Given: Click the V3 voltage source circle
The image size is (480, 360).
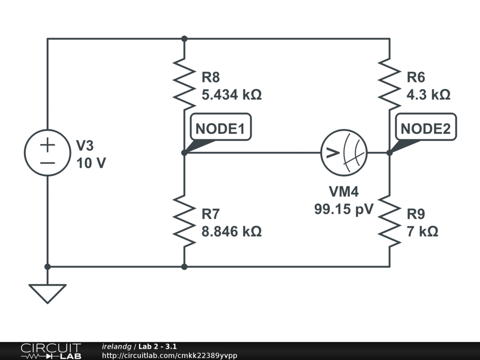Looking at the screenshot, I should [x=47, y=153].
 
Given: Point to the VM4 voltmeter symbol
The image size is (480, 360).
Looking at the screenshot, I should [x=344, y=153].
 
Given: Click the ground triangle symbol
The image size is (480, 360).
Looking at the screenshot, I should [x=47, y=293].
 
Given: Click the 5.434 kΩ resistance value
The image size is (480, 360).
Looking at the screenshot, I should [x=232, y=95].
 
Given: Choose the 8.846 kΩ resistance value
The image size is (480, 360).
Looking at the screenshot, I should [x=232, y=231].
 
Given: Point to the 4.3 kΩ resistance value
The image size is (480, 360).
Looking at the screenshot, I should [x=428, y=95].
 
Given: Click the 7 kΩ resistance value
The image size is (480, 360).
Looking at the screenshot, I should [x=422, y=231].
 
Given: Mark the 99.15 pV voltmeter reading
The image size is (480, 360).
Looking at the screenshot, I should [x=344, y=209].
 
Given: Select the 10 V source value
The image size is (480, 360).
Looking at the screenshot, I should [x=91, y=164].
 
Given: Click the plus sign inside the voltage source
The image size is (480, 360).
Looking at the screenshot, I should [x=47, y=144].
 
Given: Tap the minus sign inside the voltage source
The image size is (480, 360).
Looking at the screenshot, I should [x=47, y=163].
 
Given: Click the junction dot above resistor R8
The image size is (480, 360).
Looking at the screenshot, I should [x=184, y=38].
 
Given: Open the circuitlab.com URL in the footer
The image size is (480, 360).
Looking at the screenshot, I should [x=169, y=356].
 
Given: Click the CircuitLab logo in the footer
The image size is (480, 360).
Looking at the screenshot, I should [x=51, y=351].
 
